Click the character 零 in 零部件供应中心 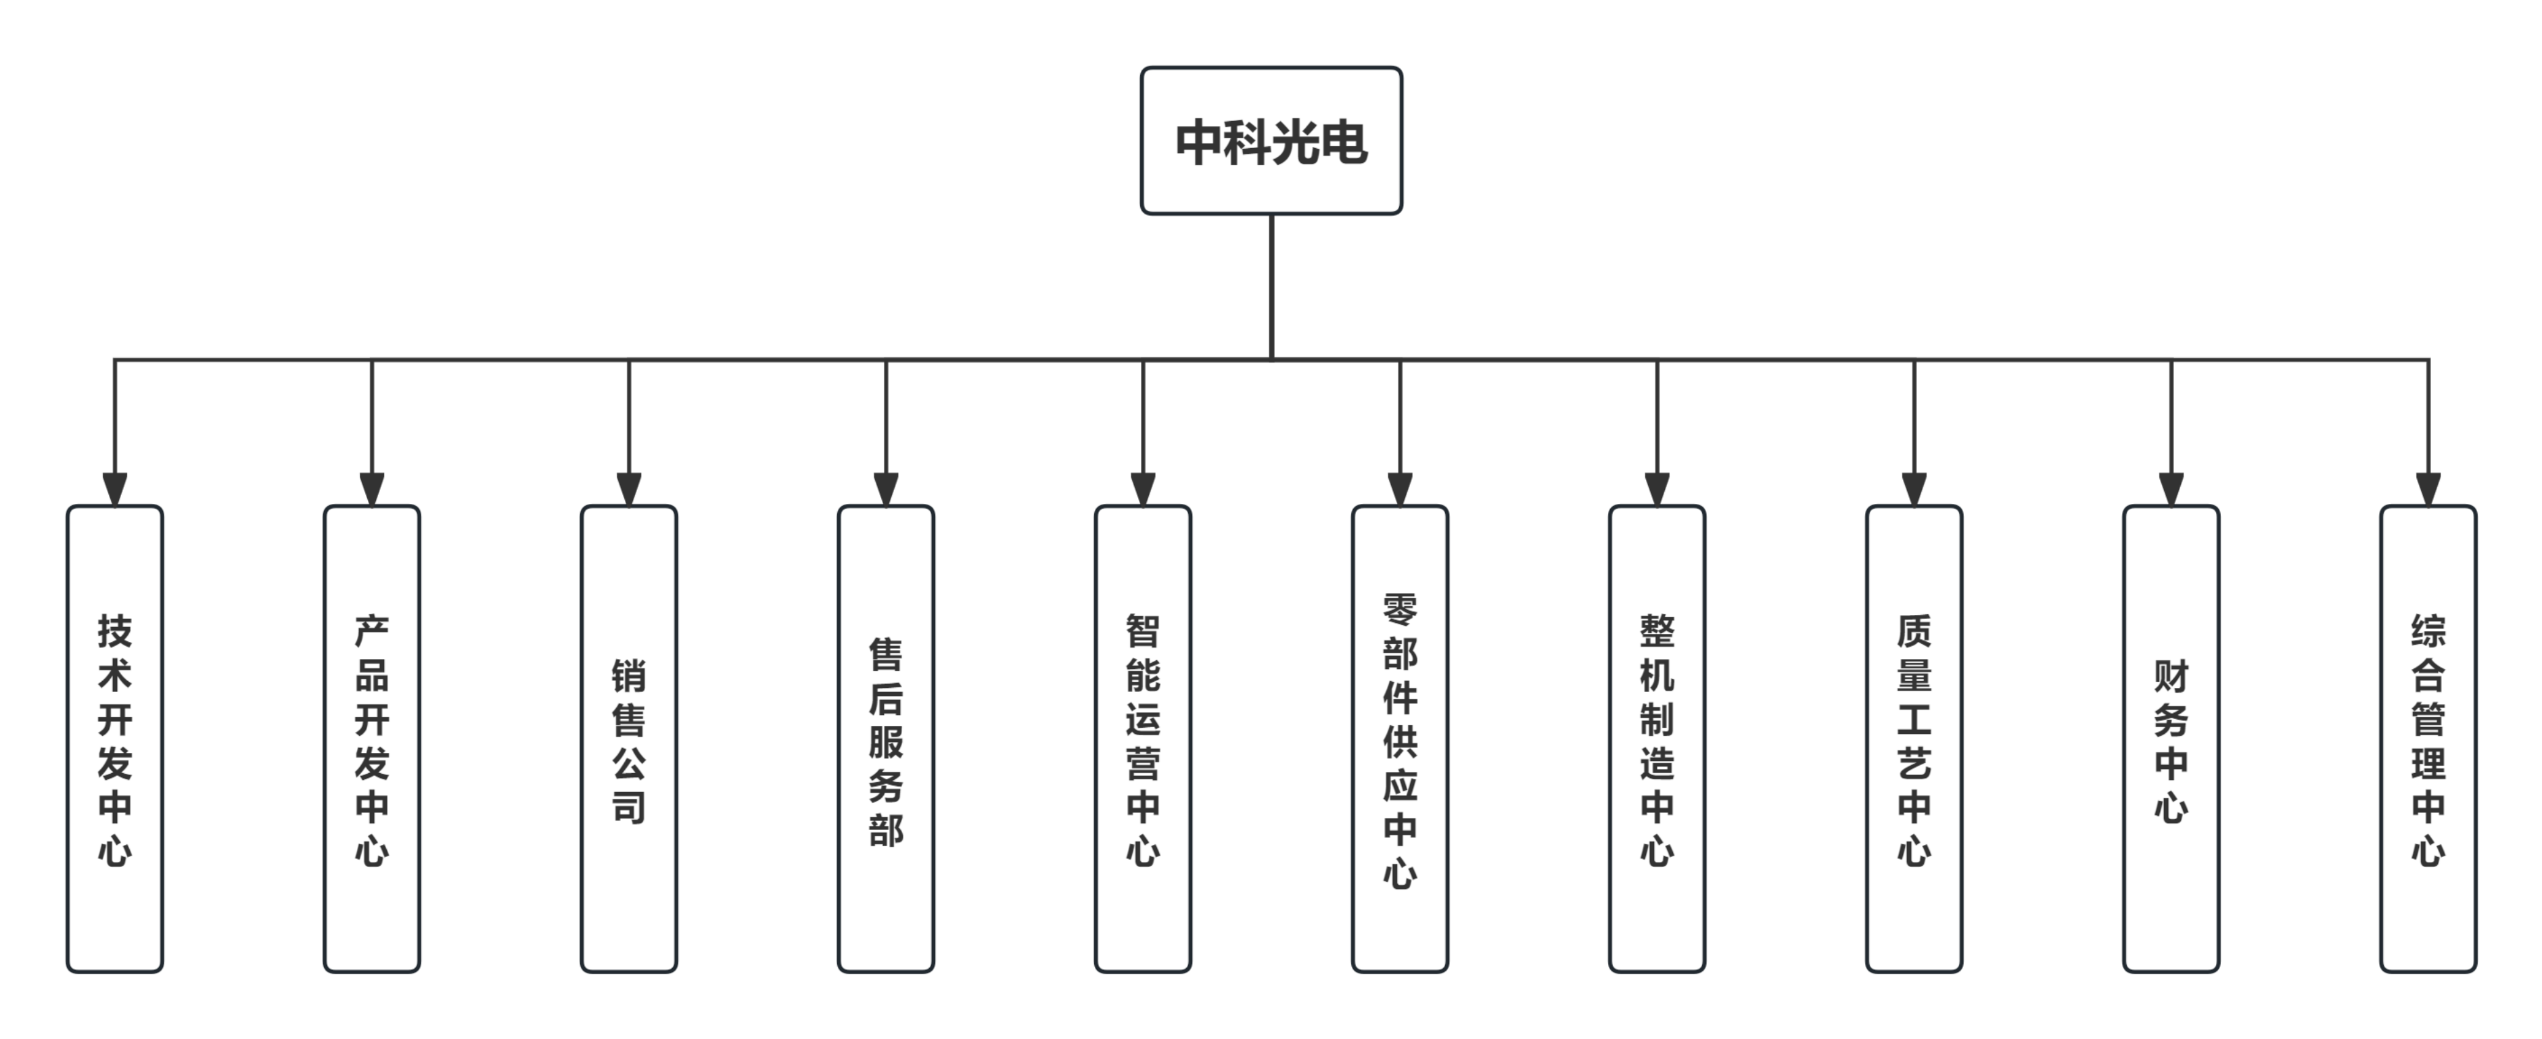[1401, 609]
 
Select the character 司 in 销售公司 [629, 807]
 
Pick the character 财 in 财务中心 [2171, 676]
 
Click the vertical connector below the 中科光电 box [1271, 286]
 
